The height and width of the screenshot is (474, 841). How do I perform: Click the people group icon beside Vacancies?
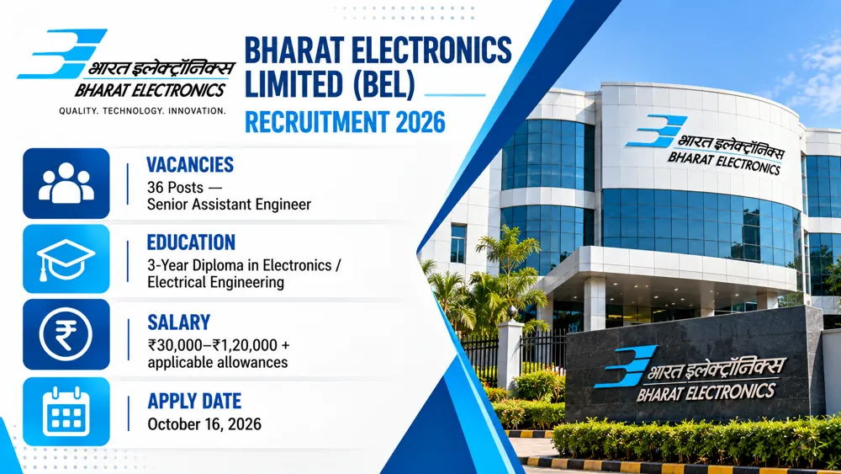point(66,184)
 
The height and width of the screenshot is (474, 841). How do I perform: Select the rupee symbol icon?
point(66,334)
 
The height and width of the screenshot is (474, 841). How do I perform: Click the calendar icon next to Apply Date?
point(66,412)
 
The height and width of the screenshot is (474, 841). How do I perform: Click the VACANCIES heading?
point(190,164)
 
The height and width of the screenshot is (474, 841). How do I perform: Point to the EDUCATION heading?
point(191,242)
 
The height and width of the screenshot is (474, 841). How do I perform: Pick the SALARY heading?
point(178,322)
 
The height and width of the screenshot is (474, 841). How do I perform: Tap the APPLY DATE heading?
point(194,401)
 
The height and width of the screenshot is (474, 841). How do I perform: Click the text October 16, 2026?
point(204,424)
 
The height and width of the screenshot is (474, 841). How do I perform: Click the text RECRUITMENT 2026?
point(345,122)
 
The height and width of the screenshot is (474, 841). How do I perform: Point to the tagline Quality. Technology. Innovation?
point(142,110)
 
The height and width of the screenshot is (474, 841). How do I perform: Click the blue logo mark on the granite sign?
point(626,366)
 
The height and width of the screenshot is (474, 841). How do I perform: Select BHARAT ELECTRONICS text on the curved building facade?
point(724,162)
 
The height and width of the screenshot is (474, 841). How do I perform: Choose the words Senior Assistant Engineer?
point(229,205)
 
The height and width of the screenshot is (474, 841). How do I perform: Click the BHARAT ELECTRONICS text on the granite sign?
point(706,392)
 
